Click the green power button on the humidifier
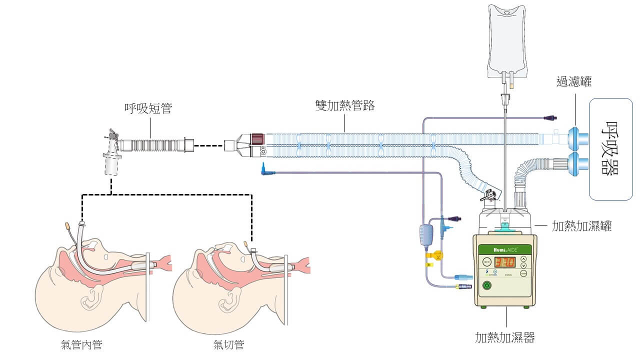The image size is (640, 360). click(486, 286)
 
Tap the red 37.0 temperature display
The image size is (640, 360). click(504, 261)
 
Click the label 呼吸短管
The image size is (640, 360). click(148, 108)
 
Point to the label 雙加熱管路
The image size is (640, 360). click(345, 105)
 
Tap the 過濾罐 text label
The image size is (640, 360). click(574, 81)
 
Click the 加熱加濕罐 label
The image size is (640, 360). click(581, 226)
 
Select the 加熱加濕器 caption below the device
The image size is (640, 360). click(504, 337)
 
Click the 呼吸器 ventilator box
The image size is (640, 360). click(610, 149)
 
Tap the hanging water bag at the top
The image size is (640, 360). click(506, 40)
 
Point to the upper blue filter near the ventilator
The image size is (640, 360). click(577, 138)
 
